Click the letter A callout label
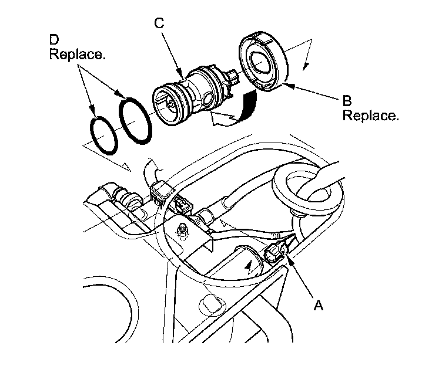[319, 305]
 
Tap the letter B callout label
[348, 100]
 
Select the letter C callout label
[158, 23]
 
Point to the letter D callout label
[53, 41]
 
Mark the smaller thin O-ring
[101, 136]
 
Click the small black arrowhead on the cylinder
[252, 265]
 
